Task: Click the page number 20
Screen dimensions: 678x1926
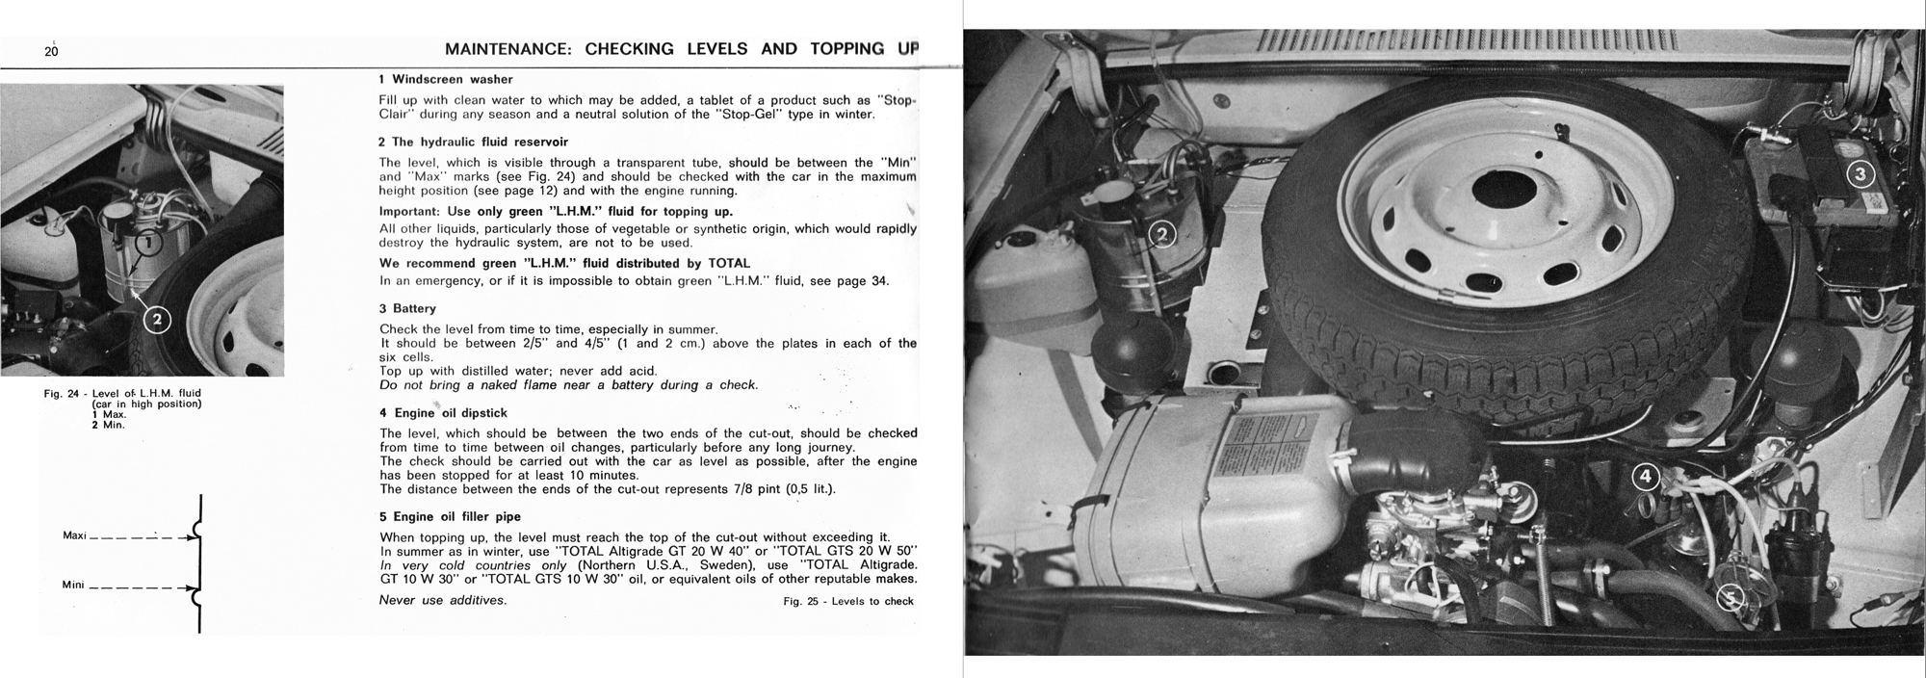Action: click(x=51, y=52)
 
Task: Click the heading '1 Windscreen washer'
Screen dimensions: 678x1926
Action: click(x=446, y=80)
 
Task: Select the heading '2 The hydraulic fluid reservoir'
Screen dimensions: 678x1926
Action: click(x=473, y=142)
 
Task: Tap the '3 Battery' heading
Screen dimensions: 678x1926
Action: click(x=407, y=309)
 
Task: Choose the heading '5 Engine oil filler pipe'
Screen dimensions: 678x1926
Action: click(x=450, y=516)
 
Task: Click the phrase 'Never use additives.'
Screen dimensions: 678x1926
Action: click(x=442, y=600)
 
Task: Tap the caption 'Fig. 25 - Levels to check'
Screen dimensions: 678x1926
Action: click(x=848, y=601)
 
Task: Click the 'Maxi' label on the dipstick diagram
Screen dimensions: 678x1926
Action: click(x=75, y=535)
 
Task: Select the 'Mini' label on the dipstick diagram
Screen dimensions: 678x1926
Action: click(x=74, y=585)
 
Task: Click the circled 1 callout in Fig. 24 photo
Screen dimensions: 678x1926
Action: click(x=145, y=244)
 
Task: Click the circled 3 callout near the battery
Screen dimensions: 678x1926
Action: click(x=1860, y=174)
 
